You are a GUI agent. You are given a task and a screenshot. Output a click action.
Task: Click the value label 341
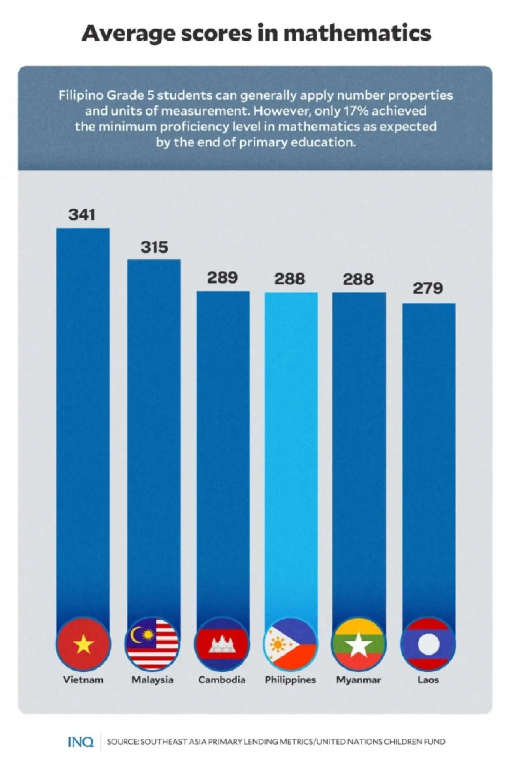coord(82,215)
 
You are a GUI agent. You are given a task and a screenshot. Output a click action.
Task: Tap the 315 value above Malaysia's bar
coord(154,247)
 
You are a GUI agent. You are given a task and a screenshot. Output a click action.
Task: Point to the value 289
coord(222,278)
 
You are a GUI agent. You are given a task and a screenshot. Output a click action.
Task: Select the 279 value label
coord(428,288)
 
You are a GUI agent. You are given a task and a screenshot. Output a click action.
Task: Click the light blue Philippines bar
coord(291,446)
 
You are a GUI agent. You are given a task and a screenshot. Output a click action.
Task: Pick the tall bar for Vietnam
coord(83,410)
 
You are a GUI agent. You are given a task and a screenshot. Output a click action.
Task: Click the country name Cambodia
coord(222,680)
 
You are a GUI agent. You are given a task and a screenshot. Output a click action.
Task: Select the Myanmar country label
coord(358,680)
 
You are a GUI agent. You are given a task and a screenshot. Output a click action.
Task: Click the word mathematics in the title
coord(357,34)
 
